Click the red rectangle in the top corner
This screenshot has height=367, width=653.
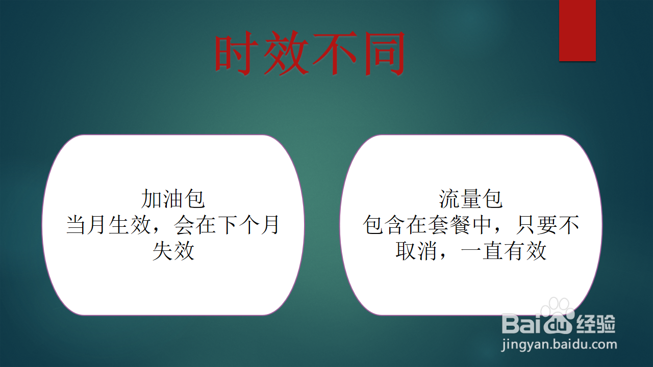tap(577, 30)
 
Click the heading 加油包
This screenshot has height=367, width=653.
tap(173, 199)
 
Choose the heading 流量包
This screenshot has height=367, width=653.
tap(471, 199)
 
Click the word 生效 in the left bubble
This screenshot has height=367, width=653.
tap(130, 225)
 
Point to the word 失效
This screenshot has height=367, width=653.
tap(173, 250)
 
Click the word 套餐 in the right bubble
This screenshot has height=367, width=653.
tap(449, 225)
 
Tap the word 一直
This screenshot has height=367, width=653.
tap(482, 250)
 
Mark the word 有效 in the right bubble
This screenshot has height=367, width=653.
tap(525, 250)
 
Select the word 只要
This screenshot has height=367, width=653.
tap(537, 225)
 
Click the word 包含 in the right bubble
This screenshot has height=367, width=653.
tap(384, 225)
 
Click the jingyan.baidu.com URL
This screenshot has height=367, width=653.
tap(559, 345)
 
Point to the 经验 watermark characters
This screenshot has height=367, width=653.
tap(596, 324)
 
